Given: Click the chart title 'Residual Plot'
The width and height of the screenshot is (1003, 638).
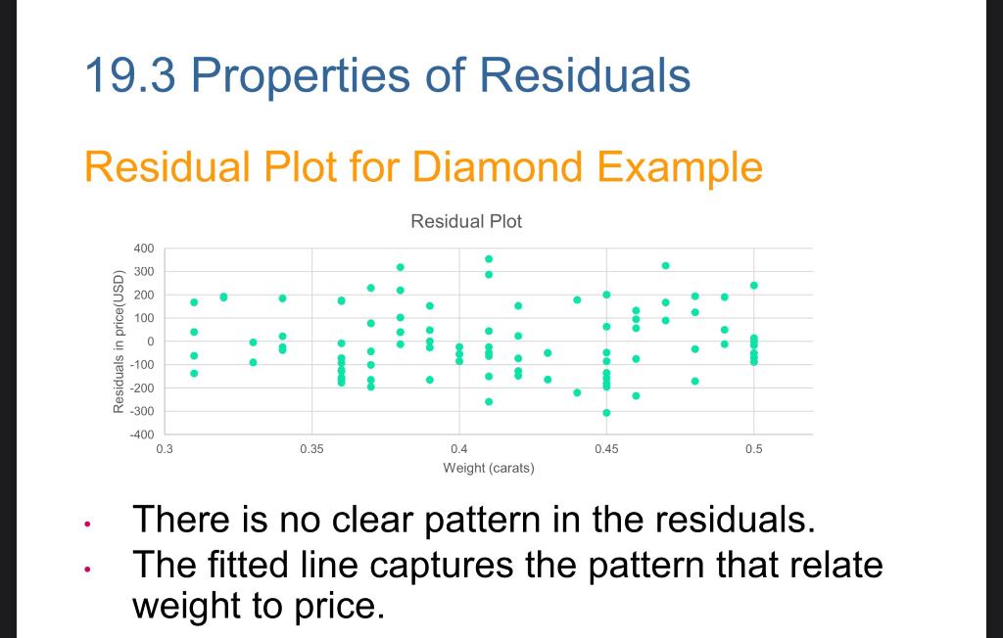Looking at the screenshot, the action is tap(466, 221).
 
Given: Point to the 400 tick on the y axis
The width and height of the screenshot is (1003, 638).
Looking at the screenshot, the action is tap(144, 248).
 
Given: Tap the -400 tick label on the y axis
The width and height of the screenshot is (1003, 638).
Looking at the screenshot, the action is tap(142, 434).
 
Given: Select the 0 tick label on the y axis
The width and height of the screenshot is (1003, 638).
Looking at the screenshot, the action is tap(151, 342).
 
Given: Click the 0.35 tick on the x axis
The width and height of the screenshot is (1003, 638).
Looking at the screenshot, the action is tap(311, 449).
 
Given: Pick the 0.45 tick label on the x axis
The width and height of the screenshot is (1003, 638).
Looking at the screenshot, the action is tap(606, 449).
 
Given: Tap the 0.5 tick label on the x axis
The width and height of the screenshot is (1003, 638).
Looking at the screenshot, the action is tap(753, 449).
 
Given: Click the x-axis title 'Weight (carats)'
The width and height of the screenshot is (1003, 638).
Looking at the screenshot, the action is tap(489, 468).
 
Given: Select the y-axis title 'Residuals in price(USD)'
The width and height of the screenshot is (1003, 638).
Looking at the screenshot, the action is tap(119, 342).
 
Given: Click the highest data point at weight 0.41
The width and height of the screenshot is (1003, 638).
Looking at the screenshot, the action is tap(489, 259).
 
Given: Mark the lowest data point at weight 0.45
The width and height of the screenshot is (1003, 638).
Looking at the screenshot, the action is tap(606, 413).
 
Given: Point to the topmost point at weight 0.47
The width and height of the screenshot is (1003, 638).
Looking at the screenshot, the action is tap(665, 265).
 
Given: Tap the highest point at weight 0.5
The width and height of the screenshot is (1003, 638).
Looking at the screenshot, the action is tap(753, 286).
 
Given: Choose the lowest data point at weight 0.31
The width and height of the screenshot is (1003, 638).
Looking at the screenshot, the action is tap(194, 374).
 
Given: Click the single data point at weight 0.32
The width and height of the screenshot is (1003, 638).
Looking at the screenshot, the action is tap(223, 296).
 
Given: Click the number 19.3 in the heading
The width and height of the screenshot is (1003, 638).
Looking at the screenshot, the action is tap(130, 74).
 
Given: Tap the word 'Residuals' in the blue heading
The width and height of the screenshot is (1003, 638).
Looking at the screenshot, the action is tap(586, 74).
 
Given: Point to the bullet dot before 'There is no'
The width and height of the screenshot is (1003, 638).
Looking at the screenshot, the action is tap(87, 524).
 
